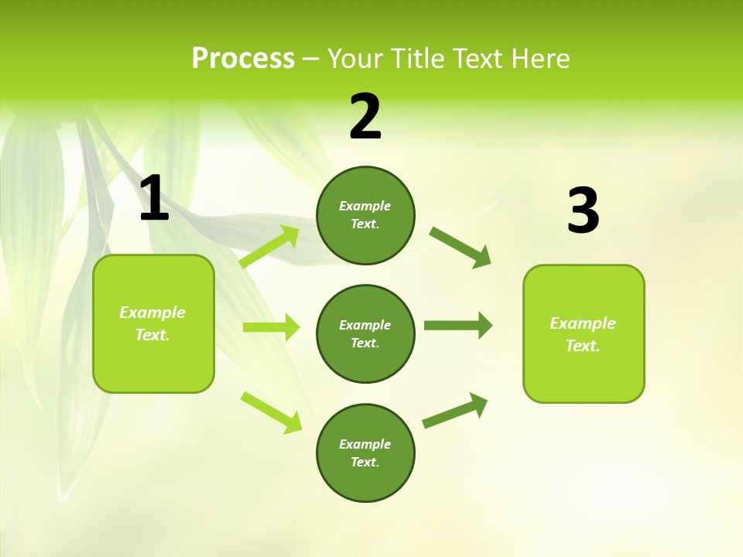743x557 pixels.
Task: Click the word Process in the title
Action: [x=243, y=59]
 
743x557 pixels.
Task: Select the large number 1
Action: [x=154, y=199]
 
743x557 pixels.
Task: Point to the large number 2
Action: [x=365, y=117]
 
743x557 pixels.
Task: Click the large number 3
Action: [x=583, y=211]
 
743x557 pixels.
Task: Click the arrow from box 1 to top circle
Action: [x=270, y=247]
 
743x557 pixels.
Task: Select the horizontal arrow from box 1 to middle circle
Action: [x=271, y=327]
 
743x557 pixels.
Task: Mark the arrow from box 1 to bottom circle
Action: [x=271, y=412]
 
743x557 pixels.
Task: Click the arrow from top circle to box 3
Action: [x=460, y=248]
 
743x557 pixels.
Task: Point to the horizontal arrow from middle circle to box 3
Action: [x=457, y=326]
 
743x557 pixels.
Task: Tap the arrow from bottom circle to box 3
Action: [x=455, y=411]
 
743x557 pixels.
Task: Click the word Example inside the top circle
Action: [x=365, y=206]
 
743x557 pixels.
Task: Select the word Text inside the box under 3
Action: [x=583, y=346]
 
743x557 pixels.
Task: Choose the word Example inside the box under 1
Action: [x=152, y=313]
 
